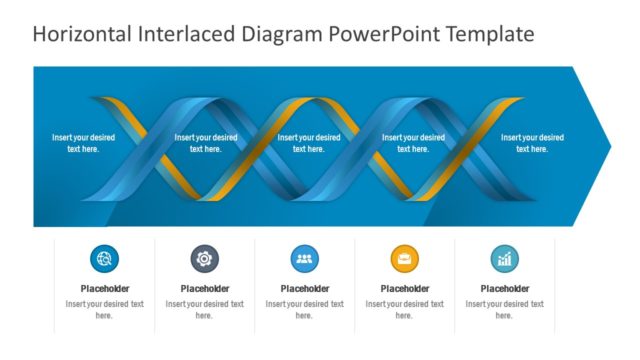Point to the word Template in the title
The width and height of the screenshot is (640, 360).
coord(491,34)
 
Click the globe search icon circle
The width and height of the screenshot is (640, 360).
coord(104,259)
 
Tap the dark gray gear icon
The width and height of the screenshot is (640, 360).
coord(204,259)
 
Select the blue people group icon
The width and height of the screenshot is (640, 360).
coord(304,259)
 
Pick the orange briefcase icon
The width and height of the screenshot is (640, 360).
coord(404,259)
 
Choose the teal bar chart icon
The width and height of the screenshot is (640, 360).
coord(504,259)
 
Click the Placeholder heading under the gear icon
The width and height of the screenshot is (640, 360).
coord(204,289)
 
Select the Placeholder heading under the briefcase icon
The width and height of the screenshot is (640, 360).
coord(404,289)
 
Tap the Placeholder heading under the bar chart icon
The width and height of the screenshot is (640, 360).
coord(504,289)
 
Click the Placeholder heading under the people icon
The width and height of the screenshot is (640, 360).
coord(304,289)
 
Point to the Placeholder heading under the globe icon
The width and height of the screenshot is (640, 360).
coord(104,289)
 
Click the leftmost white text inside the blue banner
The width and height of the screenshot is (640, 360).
coord(83,143)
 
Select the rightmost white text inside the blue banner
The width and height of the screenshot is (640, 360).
coord(532,143)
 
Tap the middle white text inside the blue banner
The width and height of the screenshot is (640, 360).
coord(308,143)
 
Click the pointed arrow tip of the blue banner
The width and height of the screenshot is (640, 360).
coord(604,146)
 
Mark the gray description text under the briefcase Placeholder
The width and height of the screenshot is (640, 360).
coord(404,309)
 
